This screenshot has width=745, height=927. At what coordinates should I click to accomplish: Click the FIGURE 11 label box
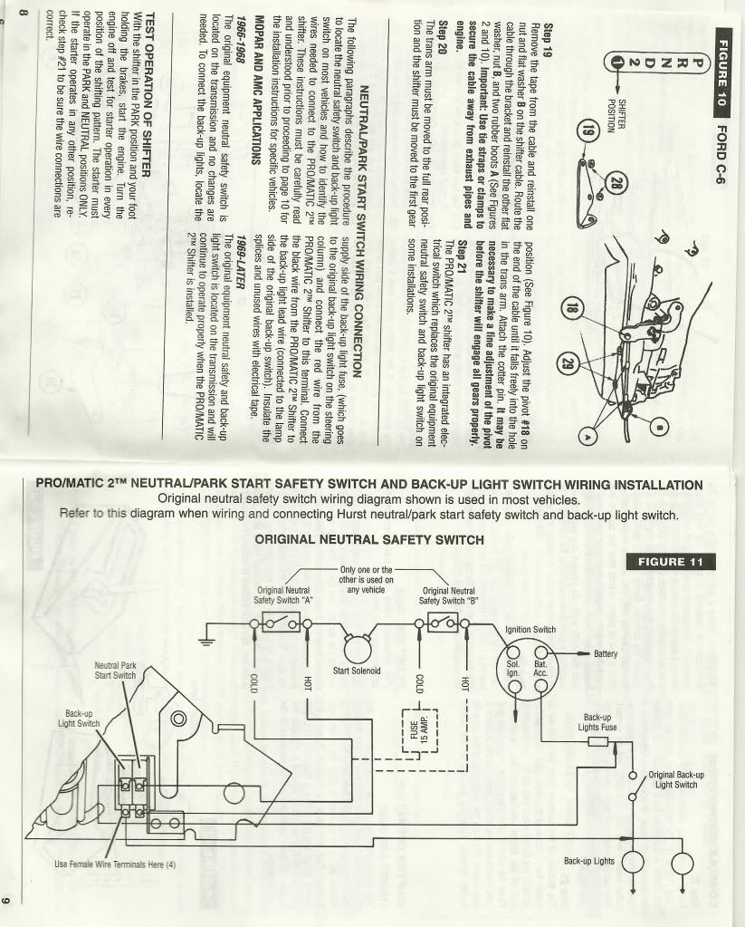click(x=671, y=561)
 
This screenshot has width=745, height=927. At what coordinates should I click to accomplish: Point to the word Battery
click(x=606, y=654)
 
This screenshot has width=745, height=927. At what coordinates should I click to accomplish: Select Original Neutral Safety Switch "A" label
click(x=284, y=594)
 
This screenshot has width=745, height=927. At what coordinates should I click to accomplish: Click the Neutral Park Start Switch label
click(x=116, y=670)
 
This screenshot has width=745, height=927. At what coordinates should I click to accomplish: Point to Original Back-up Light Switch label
click(x=676, y=779)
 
